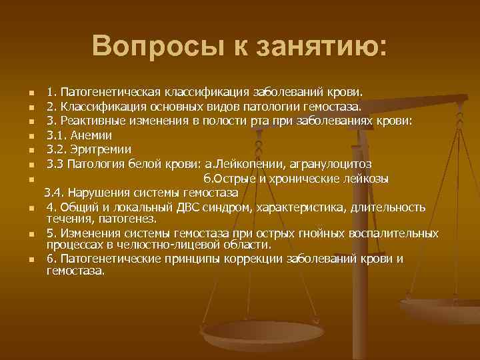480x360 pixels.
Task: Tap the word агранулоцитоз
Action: pos(336,164)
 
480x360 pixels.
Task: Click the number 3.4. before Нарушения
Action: pos(56,193)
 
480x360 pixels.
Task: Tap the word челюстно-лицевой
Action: pos(148,244)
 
